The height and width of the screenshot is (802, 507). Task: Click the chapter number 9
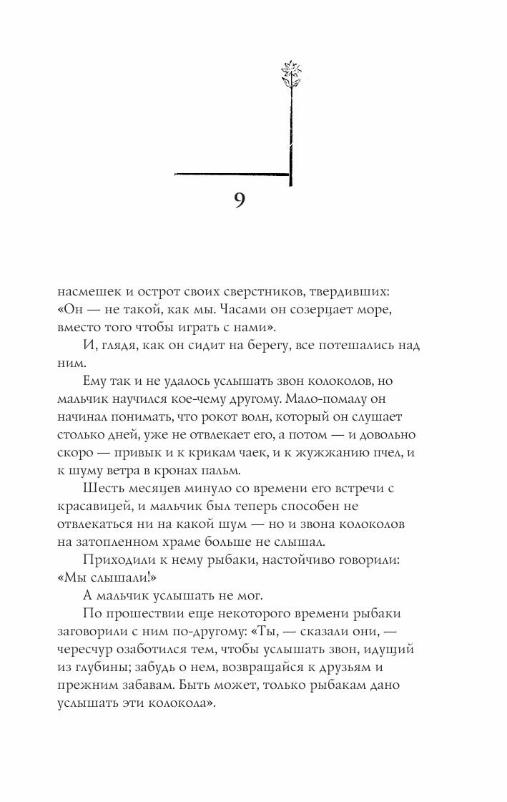click(x=240, y=200)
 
